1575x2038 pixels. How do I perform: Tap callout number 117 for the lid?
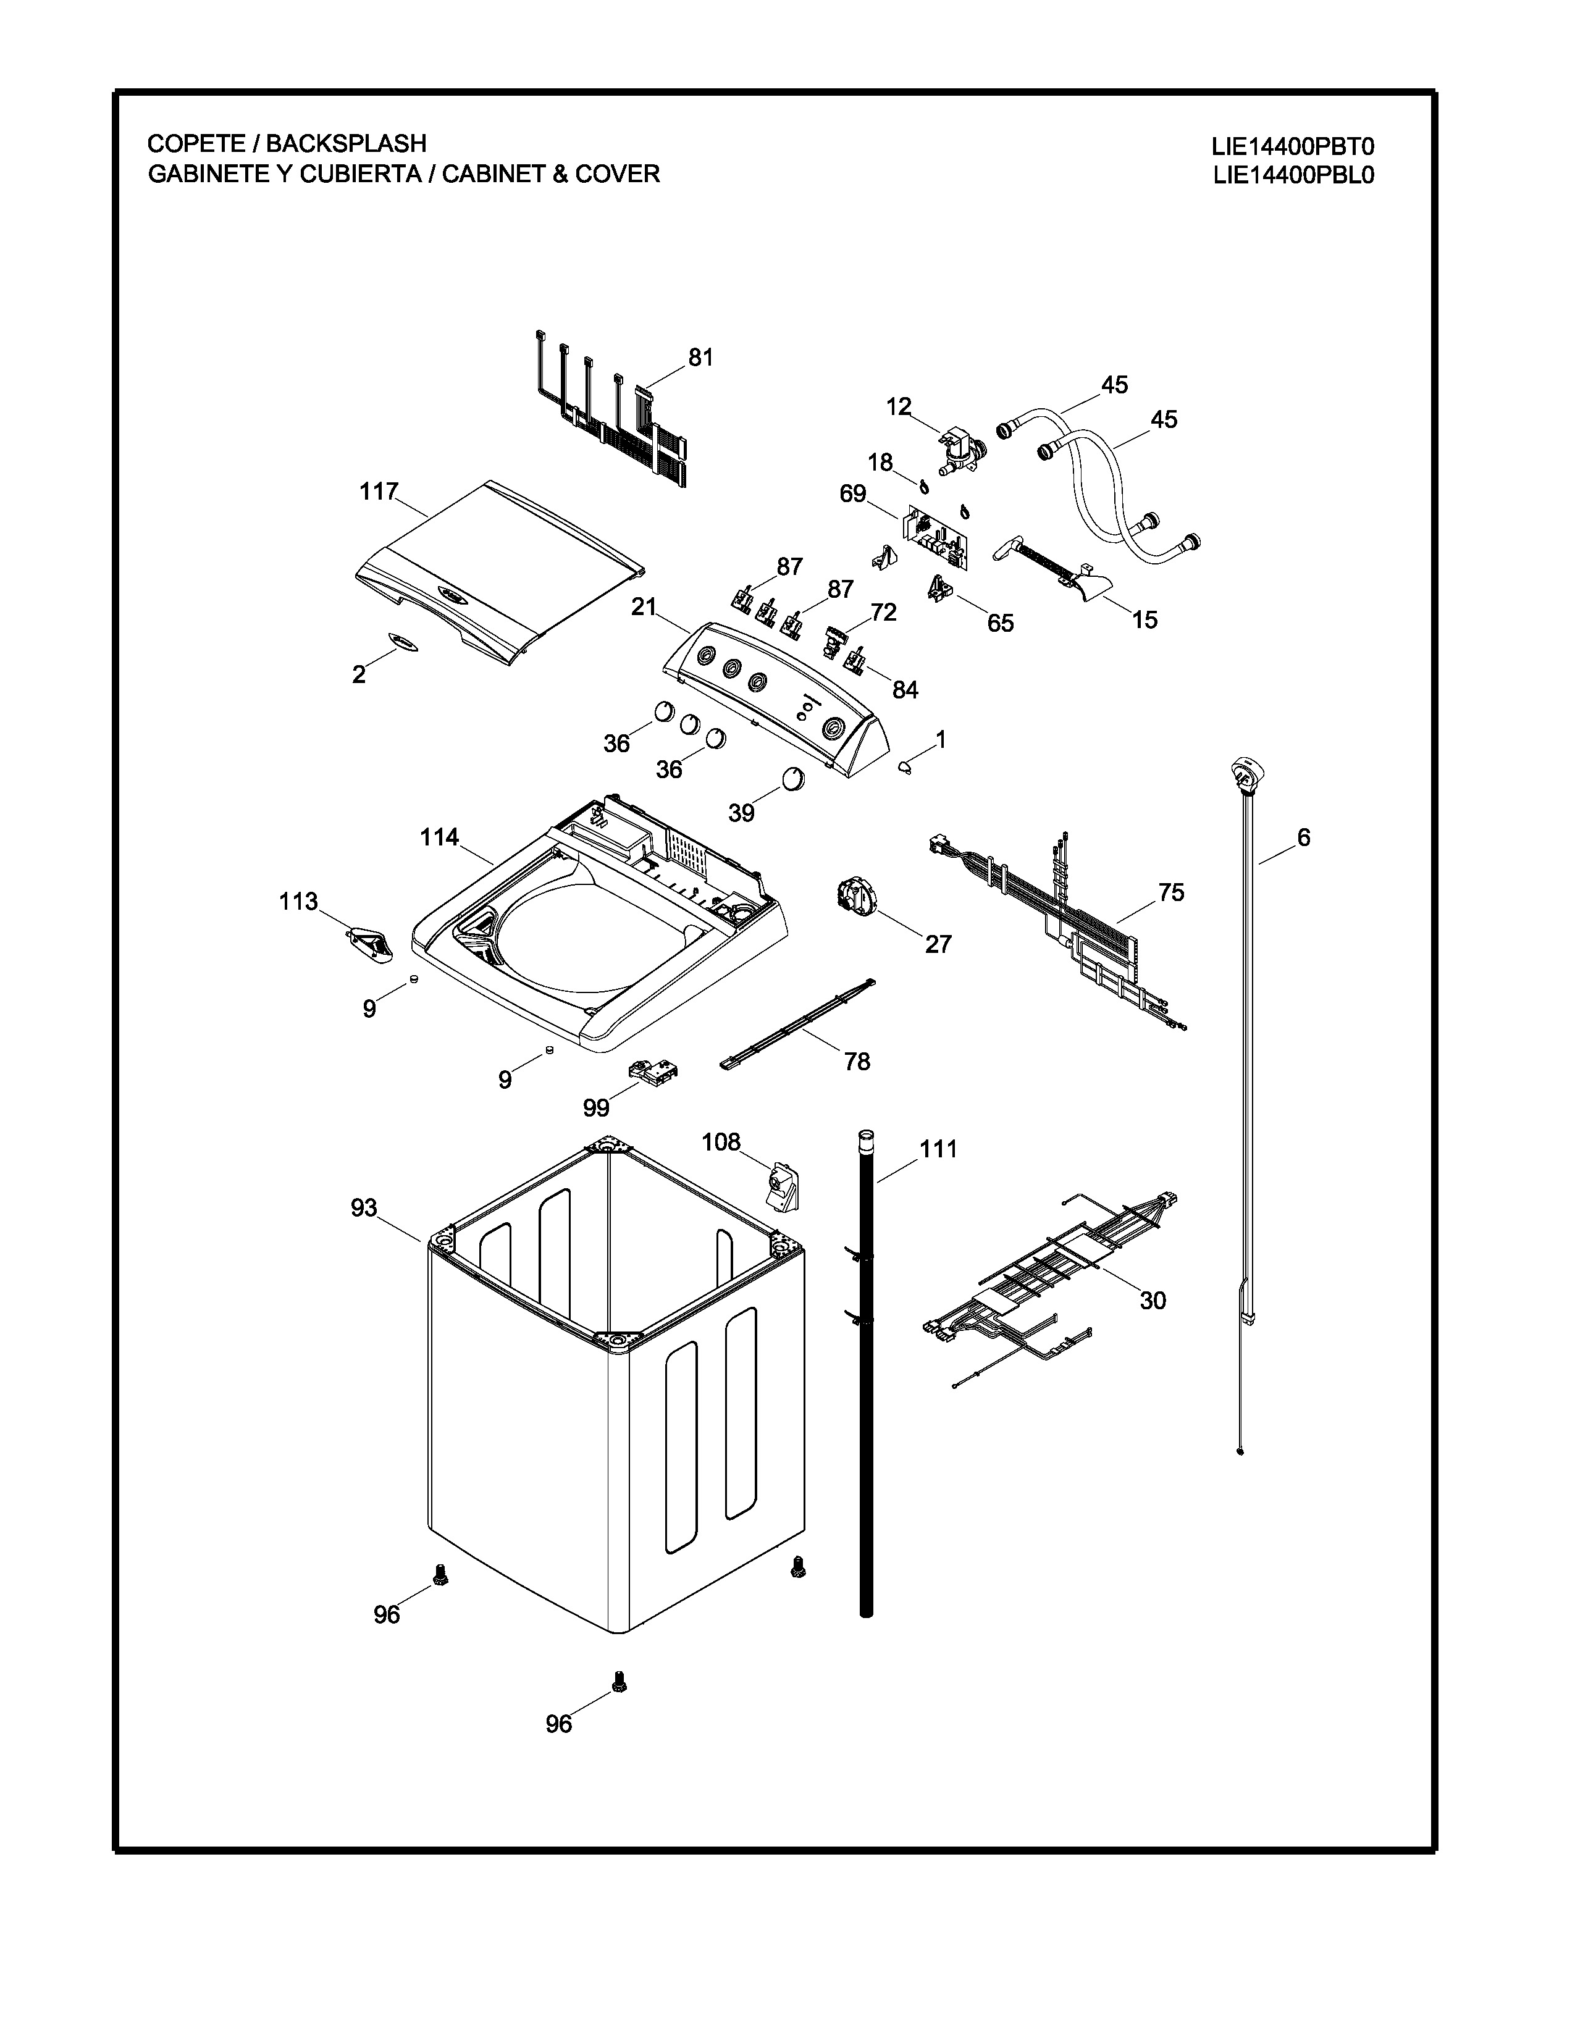pyautogui.click(x=379, y=492)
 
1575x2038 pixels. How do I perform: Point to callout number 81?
pyautogui.click(x=700, y=358)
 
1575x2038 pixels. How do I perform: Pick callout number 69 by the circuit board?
pyautogui.click(x=852, y=493)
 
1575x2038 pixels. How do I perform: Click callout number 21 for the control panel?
pyautogui.click(x=644, y=608)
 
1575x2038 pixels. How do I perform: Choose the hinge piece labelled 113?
pyautogui.click(x=371, y=944)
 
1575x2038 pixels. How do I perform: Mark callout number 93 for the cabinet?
pyautogui.click(x=363, y=1209)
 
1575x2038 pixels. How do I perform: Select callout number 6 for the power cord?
pyautogui.click(x=1303, y=838)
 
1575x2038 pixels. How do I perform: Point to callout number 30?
pyautogui.click(x=1153, y=1300)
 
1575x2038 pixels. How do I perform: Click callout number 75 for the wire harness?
pyautogui.click(x=1171, y=893)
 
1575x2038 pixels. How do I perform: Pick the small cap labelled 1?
pyautogui.click(x=905, y=767)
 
